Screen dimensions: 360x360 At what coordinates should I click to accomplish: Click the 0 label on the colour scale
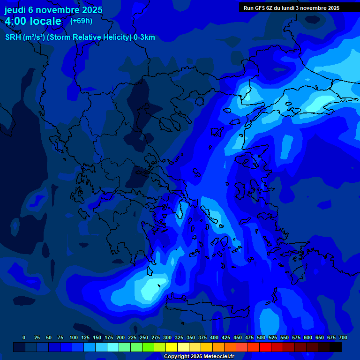pyautogui.click(x=24, y=337)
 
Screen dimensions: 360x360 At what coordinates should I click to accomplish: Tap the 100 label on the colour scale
pyautogui.click(x=74, y=337)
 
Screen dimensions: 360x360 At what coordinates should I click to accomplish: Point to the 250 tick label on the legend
pyautogui.click(x=144, y=337)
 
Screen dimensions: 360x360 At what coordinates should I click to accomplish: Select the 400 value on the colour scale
pyautogui.click(x=214, y=337)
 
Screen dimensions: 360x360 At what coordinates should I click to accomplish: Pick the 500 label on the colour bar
pyautogui.click(x=261, y=337)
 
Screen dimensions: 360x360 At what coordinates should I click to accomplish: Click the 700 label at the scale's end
pyautogui.click(x=343, y=337)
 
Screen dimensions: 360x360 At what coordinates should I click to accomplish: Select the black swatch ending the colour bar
pyautogui.click(x=336, y=347)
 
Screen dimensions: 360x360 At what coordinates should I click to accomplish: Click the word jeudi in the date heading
pyautogui.click(x=15, y=10)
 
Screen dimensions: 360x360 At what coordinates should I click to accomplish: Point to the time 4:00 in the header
pyautogui.click(x=16, y=21)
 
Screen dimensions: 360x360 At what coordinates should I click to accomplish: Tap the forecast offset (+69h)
pyautogui.click(x=81, y=21)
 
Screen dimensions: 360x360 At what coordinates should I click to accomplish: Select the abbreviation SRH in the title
pyautogui.click(x=13, y=37)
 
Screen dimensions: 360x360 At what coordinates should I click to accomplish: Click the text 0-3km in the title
pyautogui.click(x=144, y=37)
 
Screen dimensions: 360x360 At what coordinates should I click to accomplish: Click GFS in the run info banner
pyautogui.click(x=259, y=8)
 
